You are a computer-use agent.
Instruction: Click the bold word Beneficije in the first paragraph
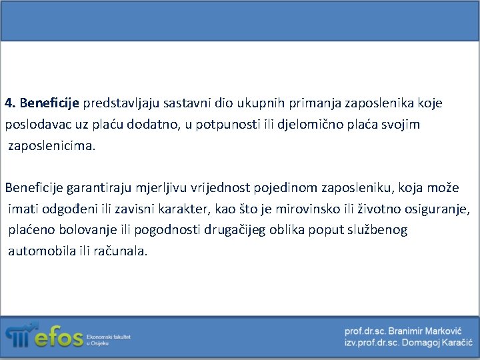(50, 103)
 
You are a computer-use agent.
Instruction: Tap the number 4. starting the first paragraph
(10, 103)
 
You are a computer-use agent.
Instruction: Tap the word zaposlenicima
(52, 146)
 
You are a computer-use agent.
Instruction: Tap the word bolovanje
(75, 231)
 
